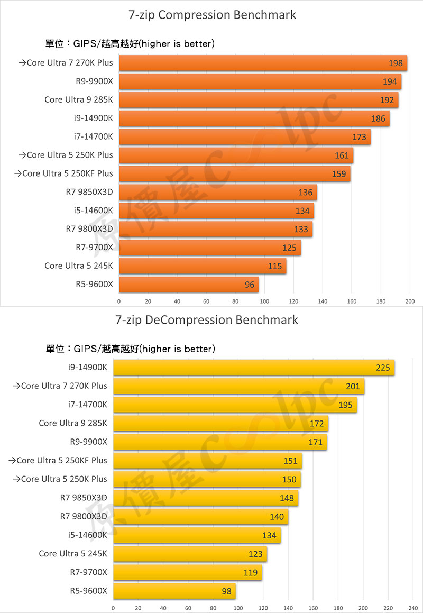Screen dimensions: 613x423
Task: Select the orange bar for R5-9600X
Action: pos(189,285)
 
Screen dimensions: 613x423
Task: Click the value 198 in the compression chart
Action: pos(396,63)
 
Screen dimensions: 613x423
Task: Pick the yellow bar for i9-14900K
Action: pos(254,368)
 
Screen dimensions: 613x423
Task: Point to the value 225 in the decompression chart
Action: pos(383,368)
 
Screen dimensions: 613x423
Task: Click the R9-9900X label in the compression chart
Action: pos(94,81)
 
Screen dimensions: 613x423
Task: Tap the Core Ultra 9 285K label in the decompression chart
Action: pos(73,423)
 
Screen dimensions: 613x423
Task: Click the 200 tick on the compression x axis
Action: pos(409,301)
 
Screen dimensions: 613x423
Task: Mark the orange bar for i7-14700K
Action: pos(245,137)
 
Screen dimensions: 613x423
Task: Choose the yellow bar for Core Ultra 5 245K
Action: pos(190,554)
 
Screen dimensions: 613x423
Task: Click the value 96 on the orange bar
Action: pos(250,285)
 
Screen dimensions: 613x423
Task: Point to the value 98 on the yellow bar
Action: pos(227,591)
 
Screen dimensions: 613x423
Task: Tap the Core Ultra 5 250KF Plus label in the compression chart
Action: pos(63,173)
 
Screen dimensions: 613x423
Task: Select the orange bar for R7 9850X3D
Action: pos(218,192)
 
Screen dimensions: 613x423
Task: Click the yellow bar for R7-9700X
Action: pos(188,572)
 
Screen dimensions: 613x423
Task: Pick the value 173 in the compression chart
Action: pos(359,137)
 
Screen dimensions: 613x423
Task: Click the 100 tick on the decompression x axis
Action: pos(238,608)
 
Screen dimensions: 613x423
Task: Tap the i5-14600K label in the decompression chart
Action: pos(87,535)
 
